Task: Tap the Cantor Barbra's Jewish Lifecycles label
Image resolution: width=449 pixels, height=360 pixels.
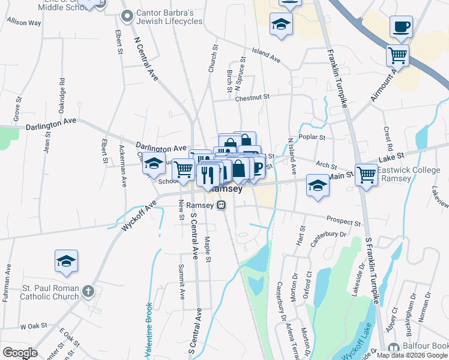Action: tap(170, 17)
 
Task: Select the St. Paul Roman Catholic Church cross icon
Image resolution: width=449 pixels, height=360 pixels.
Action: tap(88, 292)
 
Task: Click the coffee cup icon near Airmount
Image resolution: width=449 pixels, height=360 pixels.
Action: tap(401, 26)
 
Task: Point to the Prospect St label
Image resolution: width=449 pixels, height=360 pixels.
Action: tap(344, 221)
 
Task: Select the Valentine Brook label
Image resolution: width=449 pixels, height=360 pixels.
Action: tap(148, 327)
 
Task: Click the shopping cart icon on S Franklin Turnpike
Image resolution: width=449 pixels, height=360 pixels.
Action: tap(366, 175)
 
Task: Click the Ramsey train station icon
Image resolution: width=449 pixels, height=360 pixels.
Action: tap(221, 205)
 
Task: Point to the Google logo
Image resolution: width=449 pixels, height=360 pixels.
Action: tap(20, 353)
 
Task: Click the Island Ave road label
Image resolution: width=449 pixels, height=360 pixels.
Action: tap(266, 55)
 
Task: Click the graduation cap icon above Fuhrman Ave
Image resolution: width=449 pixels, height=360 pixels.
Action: tap(66, 260)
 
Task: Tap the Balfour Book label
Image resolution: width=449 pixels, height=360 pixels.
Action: tap(418, 347)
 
